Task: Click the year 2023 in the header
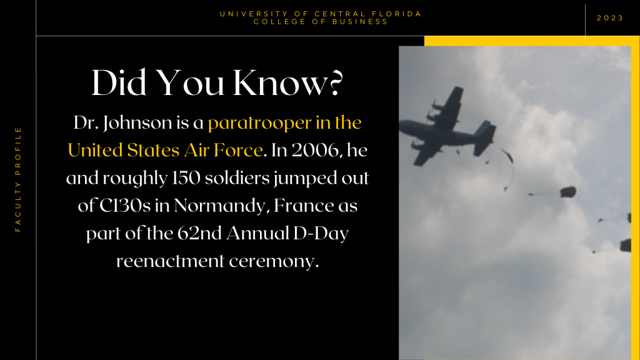pos(610,18)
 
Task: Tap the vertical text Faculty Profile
pos(18,179)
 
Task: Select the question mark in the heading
pos(334,83)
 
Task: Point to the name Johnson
pos(137,123)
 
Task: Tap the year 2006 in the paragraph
pos(315,151)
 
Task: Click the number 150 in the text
pos(186,178)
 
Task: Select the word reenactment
pos(170,261)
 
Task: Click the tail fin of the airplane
pos(485,137)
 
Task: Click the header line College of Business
pos(321,22)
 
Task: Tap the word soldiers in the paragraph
pos(237,178)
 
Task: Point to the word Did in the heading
pos(119,83)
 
